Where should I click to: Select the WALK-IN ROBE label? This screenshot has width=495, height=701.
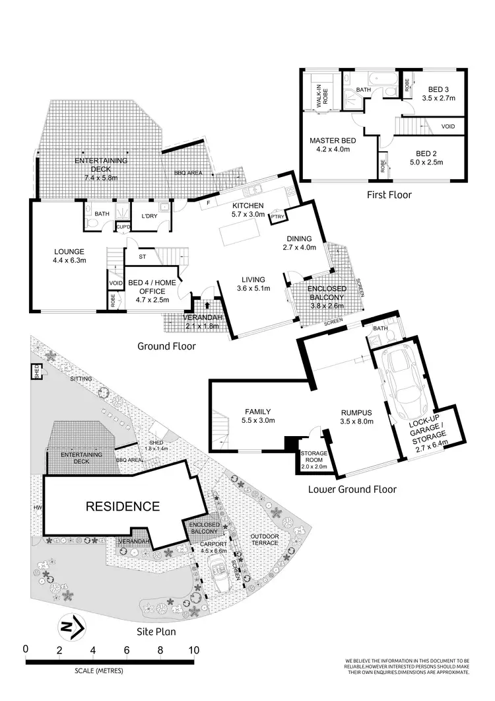point(322,94)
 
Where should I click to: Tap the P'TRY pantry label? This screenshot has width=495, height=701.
point(277,216)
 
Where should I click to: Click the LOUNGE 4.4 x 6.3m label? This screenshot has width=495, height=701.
point(69,256)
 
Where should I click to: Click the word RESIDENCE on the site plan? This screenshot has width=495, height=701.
point(123,507)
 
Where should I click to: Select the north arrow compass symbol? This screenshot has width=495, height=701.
point(69,624)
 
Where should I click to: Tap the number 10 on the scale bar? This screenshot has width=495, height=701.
point(193,649)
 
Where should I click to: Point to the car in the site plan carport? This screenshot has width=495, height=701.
point(220,567)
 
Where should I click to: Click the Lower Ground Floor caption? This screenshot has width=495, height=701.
point(352,490)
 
